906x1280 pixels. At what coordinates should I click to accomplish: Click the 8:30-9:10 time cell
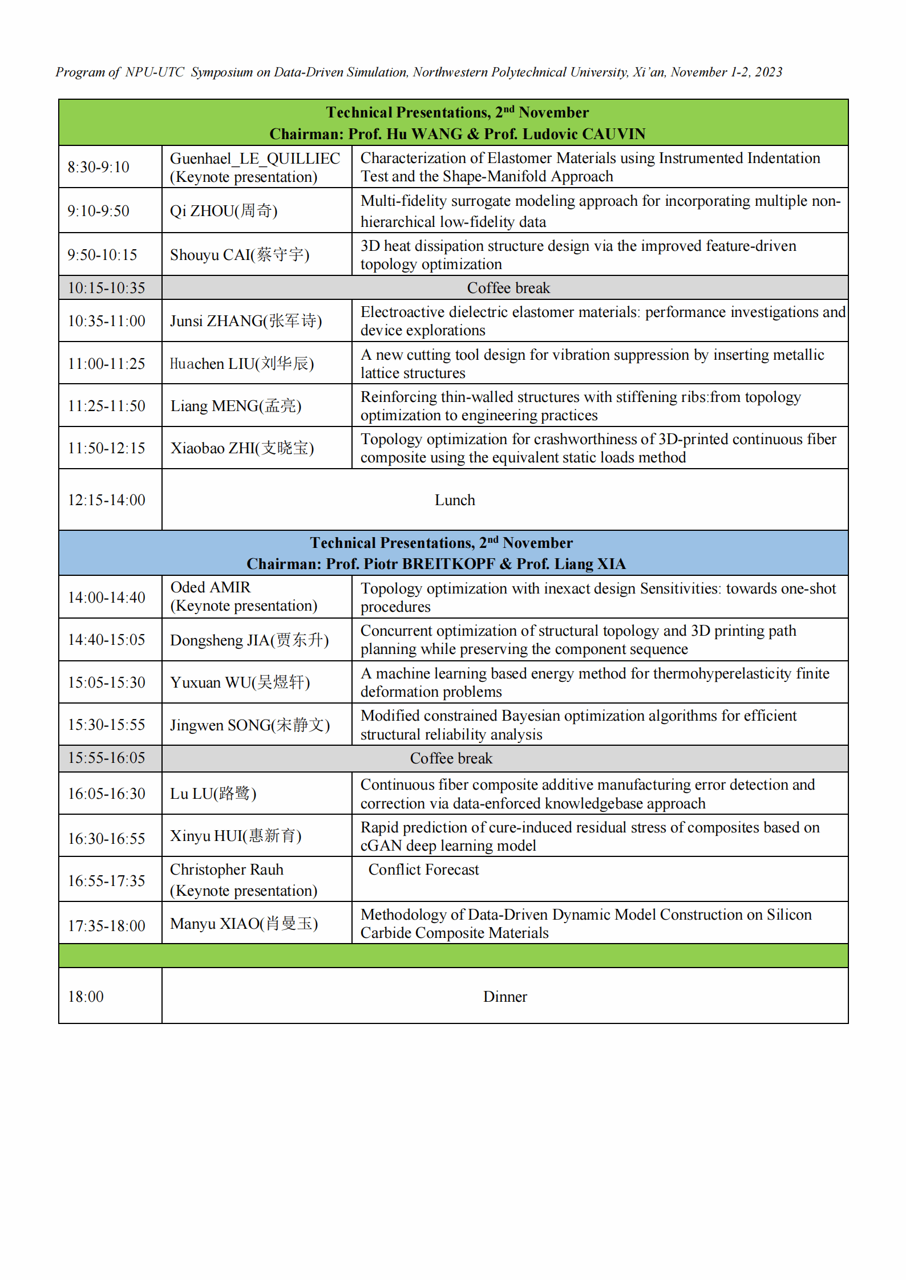click(99, 167)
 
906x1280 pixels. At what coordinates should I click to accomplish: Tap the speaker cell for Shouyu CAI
click(240, 255)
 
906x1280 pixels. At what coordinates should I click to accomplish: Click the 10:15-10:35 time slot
click(107, 288)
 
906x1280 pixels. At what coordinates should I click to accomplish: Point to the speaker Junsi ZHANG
click(246, 321)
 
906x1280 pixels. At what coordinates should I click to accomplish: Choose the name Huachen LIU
click(242, 364)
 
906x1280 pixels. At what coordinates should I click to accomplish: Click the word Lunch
click(455, 500)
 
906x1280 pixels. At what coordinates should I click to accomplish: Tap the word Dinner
click(505, 997)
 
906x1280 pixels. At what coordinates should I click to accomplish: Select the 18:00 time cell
click(86, 997)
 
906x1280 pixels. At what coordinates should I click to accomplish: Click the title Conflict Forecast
click(423, 869)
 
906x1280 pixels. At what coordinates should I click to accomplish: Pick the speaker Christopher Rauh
click(226, 869)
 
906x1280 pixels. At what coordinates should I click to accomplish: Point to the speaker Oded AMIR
click(211, 587)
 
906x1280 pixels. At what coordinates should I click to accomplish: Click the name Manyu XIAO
click(244, 924)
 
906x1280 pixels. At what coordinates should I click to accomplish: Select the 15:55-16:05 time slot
click(107, 758)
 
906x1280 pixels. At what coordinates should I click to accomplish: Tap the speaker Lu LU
click(213, 794)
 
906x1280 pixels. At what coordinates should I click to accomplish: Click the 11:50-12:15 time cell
click(107, 448)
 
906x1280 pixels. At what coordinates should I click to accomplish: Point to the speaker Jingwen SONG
click(250, 725)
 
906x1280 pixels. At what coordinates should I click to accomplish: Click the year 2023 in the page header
click(769, 72)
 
